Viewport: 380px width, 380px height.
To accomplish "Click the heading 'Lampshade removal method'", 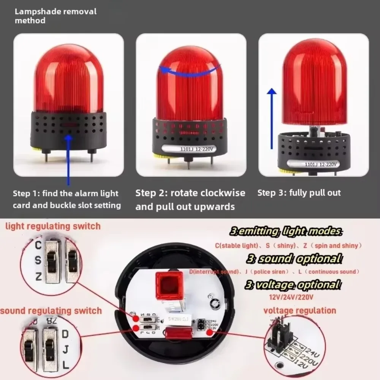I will point(55,16).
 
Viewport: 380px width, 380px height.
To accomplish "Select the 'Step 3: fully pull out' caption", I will point(299,193).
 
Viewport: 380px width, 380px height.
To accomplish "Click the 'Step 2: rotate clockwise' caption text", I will point(190,193).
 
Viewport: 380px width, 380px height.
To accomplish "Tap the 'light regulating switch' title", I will point(53,226).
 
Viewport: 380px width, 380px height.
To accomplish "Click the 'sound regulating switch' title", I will point(51,310).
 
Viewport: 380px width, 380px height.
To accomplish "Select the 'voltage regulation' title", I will point(300,310).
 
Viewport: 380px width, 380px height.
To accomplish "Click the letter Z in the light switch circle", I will point(38,277).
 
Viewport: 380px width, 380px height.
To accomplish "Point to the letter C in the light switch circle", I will point(38,245).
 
